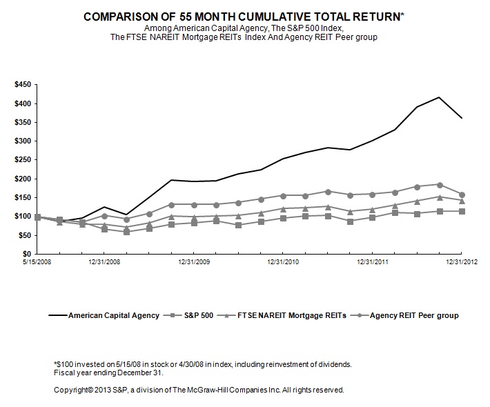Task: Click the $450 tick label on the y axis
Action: (23, 84)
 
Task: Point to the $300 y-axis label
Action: (23, 141)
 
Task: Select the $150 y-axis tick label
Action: (23, 197)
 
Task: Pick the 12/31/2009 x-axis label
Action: (194, 262)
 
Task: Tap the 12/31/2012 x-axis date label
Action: (462, 262)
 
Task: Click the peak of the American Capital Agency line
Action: (439, 97)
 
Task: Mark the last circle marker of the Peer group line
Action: (462, 195)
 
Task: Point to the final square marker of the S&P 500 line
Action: (462, 211)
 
